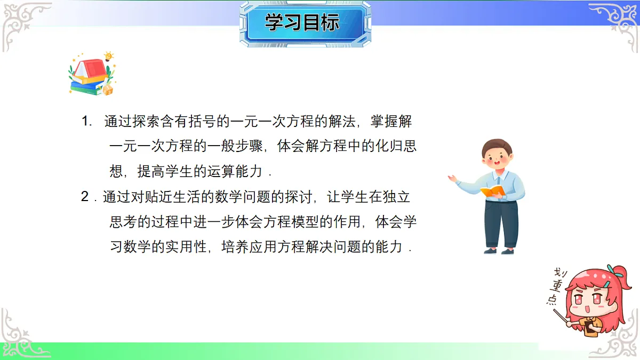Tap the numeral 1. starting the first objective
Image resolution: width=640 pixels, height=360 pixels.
point(87,122)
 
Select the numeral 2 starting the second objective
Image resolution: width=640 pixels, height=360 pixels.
point(85,197)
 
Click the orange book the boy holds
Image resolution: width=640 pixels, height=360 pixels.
point(492,190)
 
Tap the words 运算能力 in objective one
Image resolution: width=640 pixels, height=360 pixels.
point(235,172)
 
